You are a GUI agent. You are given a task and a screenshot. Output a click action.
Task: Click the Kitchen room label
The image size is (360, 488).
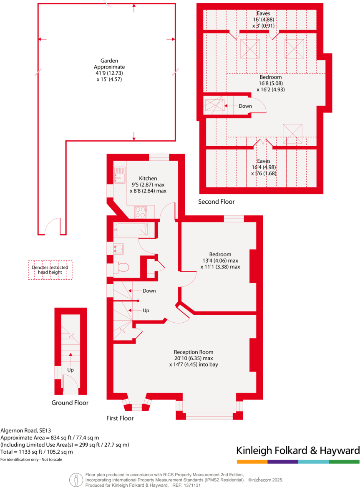coord(148,178)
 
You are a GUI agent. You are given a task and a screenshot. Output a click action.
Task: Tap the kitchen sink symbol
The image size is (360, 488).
coord(120,174)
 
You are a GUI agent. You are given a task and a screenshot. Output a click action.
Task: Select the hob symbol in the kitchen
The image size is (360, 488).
coord(140,212)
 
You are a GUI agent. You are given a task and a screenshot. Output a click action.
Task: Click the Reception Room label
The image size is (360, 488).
coord(194,351)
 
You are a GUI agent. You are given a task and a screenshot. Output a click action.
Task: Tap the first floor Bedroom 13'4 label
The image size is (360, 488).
coord(220,254)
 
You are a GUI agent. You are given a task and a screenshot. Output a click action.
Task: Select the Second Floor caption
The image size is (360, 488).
coord(216,202)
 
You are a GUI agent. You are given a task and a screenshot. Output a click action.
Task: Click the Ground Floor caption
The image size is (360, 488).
coord(70,403)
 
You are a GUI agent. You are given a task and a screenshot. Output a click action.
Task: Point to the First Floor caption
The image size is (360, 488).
coord(120,418)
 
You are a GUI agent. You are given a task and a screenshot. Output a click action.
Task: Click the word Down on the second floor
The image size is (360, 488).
coord(245,106)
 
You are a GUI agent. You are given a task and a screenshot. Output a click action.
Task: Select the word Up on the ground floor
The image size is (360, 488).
coord(70,370)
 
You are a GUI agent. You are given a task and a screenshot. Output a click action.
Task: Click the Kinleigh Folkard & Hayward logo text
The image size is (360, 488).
coord(298,450)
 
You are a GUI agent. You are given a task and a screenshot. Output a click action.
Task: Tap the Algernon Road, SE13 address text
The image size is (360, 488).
coord(25,430)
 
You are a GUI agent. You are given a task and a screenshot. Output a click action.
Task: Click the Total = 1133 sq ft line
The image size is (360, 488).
coord(37,452)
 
